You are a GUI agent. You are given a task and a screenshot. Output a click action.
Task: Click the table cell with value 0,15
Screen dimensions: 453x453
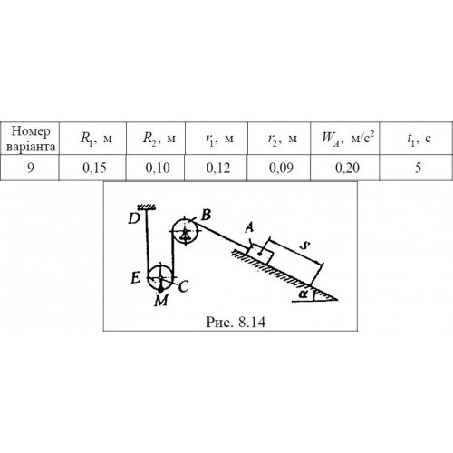pos(94,168)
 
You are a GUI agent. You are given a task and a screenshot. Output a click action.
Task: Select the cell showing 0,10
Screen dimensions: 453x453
pos(158,168)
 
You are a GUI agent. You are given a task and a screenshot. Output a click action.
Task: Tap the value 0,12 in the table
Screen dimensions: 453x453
pos(218,168)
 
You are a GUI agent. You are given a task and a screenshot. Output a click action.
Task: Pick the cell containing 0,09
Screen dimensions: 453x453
pos(281,168)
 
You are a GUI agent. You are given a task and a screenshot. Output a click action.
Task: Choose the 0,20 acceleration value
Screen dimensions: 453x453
pos(347,168)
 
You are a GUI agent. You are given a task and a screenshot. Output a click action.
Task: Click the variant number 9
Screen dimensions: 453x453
pos(31,168)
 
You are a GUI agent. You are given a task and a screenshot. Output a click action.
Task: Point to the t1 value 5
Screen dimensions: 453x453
pos(418,168)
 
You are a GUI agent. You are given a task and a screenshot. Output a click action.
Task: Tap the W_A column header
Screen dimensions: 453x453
pos(348,138)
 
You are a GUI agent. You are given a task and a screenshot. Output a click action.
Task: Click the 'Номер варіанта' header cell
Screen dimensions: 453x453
pos(31,139)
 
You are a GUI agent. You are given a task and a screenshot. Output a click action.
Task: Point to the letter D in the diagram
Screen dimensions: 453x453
pos(134,218)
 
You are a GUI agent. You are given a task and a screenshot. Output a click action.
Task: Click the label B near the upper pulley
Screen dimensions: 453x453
pos(206,215)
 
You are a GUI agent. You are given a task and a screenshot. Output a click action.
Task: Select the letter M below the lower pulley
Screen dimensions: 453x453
pos(161,301)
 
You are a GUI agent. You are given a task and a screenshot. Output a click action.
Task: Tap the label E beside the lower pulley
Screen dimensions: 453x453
pos(136,277)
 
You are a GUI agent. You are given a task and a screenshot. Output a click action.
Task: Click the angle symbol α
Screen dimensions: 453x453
pos(303,294)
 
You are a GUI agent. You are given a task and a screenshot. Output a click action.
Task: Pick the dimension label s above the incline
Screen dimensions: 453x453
pos(305,246)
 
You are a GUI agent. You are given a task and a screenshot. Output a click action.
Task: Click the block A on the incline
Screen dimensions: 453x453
pos(261,253)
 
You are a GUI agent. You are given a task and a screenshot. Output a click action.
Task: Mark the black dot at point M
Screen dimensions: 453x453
pos(161,290)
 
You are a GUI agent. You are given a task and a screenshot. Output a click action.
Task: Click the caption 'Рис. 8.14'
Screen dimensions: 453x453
pos(236,322)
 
